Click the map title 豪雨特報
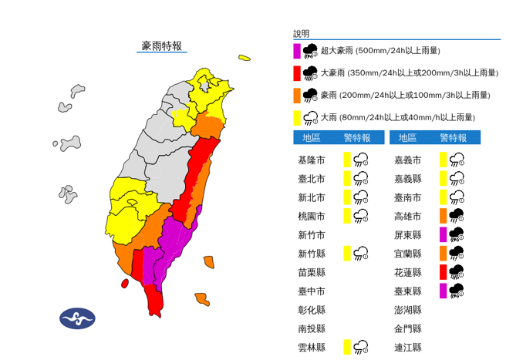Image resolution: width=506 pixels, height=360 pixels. point(162,46)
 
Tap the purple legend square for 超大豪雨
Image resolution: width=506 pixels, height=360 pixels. point(296,51)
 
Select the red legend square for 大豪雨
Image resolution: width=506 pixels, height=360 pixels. point(296,73)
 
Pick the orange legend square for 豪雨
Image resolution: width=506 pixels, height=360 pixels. point(296,96)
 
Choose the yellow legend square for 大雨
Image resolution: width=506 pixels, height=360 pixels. point(296,117)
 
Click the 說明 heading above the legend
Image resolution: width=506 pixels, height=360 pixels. point(301,34)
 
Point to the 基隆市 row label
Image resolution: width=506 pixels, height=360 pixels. point(311,160)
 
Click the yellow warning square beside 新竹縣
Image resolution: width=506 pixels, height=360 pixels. point(347,254)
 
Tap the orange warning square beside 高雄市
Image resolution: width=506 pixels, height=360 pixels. point(444,216)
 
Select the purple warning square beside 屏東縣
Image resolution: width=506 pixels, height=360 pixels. point(444,234)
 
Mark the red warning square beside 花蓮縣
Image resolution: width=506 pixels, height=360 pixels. point(444,272)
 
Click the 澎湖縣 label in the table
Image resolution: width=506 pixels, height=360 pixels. point(407,310)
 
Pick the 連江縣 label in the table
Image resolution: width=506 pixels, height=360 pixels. point(407,348)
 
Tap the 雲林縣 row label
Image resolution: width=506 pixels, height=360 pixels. point(311,348)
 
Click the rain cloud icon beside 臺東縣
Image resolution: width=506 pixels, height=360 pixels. point(457,291)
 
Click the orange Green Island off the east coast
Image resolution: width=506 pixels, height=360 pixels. point(209,262)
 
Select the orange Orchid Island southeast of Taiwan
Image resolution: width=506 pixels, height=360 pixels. point(202,299)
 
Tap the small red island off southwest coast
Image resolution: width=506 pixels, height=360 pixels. point(124,284)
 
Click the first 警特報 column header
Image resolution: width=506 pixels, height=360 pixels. point(356,138)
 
